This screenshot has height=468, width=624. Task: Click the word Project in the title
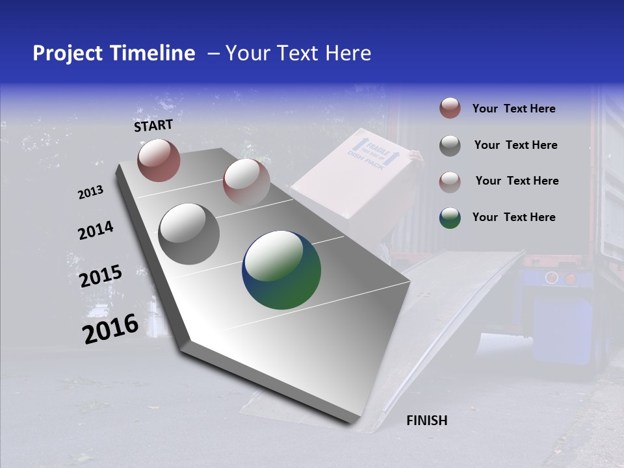click(x=67, y=53)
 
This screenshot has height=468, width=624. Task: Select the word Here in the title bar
click(x=348, y=53)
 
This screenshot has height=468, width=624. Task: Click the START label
click(x=153, y=125)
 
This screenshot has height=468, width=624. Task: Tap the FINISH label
click(x=427, y=421)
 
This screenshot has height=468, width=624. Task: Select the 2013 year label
click(x=91, y=192)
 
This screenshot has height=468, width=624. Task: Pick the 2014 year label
click(x=96, y=230)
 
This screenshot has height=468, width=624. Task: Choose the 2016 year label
click(x=110, y=329)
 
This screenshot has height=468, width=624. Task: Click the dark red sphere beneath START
click(x=159, y=160)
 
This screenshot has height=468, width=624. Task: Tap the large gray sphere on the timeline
click(x=189, y=234)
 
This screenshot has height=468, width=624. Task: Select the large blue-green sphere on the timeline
click(x=281, y=270)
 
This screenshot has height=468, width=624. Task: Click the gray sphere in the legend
click(x=450, y=146)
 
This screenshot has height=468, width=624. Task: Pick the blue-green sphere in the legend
click(x=450, y=218)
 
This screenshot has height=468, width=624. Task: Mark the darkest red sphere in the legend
click(x=450, y=109)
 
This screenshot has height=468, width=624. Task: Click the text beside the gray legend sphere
click(x=515, y=145)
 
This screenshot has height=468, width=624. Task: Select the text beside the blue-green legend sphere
click(x=513, y=217)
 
